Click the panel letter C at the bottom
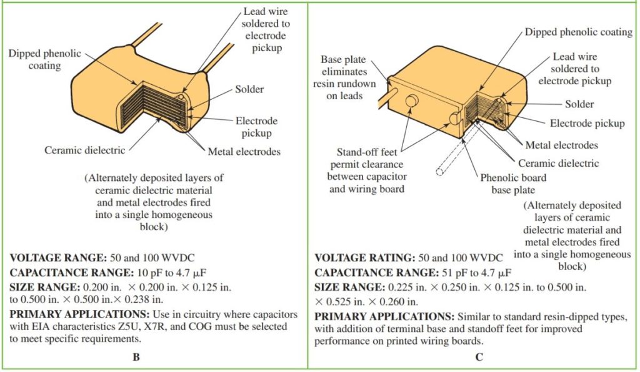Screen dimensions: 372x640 click(478, 358)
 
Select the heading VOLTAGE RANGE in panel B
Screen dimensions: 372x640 click(54, 258)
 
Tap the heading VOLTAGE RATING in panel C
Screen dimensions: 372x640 click(359, 258)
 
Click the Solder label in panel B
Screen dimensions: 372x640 click(249, 89)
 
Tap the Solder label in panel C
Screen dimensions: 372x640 click(580, 104)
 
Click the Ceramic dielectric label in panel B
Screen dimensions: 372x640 click(84, 150)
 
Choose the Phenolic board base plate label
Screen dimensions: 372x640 click(512, 184)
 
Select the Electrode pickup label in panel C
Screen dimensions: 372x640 click(587, 124)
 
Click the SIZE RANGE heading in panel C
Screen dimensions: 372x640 click(349, 286)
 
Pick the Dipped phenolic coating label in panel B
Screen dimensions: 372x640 click(44, 59)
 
